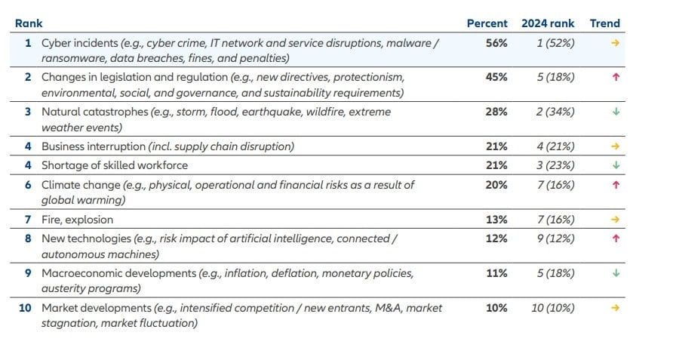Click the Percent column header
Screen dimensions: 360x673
coord(487,23)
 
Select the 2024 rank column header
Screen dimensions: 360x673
coord(548,23)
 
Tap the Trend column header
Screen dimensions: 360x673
coord(604,23)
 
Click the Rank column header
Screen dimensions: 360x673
coord(29,23)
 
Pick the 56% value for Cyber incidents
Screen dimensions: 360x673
coord(496,43)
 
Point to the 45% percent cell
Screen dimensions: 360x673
coord(496,77)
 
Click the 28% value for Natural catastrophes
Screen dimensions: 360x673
coord(496,112)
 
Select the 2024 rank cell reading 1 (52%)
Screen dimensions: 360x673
coord(555,43)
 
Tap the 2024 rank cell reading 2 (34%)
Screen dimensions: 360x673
coord(555,112)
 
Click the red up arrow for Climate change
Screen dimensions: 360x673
coord(616,185)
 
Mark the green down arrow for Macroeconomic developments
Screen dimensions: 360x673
coord(616,273)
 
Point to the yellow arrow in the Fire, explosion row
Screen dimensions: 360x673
coord(616,220)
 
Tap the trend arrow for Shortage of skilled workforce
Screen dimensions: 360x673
coord(616,165)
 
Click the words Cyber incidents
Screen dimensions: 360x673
coord(79,43)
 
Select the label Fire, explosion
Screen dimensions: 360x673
coord(77,220)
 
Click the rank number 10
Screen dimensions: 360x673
coord(26,308)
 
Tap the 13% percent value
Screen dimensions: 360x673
coord(496,220)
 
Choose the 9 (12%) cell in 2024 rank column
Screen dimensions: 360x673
coord(555,238)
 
